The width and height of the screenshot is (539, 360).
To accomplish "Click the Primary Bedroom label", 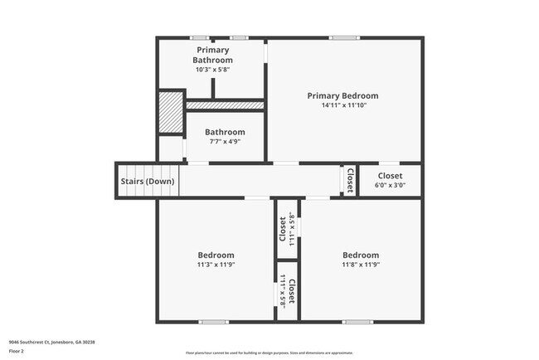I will tap(342, 95).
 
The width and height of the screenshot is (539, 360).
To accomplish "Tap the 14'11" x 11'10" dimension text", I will tap(342, 105).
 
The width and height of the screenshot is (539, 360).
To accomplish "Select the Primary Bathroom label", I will tap(213, 55).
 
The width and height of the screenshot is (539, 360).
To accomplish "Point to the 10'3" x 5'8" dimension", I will tap(213, 70).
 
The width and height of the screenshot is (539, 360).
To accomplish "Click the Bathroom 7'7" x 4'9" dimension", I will tap(225, 141).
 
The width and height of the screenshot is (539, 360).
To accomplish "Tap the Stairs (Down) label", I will tap(148, 181).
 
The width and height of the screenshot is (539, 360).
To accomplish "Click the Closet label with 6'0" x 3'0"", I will tap(391, 176).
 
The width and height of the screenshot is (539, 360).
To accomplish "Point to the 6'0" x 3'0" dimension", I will tap(391, 185).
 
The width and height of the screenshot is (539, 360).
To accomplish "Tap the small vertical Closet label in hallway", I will tap(350, 180).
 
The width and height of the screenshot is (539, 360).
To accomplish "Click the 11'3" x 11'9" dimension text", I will tap(216, 265).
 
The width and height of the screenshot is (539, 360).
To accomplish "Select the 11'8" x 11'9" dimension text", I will tap(361, 265).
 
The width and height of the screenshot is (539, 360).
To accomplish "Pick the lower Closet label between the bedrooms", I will tap(291, 292).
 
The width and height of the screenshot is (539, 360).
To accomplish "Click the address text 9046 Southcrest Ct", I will tap(51, 342).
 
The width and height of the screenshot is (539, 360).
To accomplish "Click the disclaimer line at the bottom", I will tap(269, 353).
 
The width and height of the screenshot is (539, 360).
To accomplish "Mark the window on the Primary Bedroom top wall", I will tap(344, 37).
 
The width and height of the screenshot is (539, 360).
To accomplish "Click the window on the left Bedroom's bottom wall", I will tap(213, 321).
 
